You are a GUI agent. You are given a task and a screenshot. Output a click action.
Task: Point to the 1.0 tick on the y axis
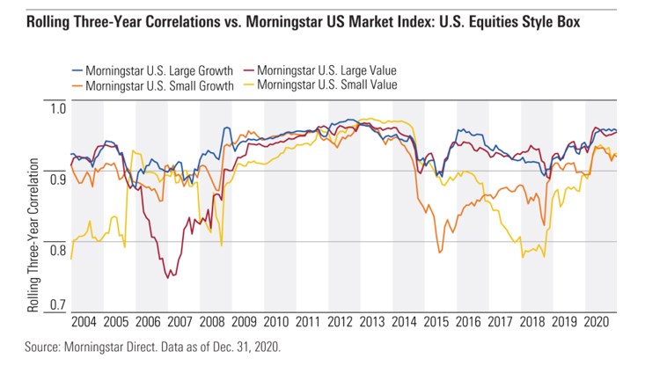click(58, 109)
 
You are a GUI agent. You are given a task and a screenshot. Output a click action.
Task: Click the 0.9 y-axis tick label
click(58, 179)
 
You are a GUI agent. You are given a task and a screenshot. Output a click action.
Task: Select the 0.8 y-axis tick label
click(58, 251)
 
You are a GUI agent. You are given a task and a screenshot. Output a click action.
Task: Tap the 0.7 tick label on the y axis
click(58, 305)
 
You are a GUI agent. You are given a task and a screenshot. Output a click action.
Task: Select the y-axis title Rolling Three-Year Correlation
click(34, 236)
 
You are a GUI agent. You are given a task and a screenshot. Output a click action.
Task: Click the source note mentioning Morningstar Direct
click(152, 347)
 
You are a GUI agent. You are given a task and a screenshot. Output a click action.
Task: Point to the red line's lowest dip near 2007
click(169, 277)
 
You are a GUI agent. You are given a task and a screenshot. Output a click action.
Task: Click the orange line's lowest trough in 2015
click(440, 253)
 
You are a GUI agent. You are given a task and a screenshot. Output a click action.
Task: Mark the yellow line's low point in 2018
click(524, 257)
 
